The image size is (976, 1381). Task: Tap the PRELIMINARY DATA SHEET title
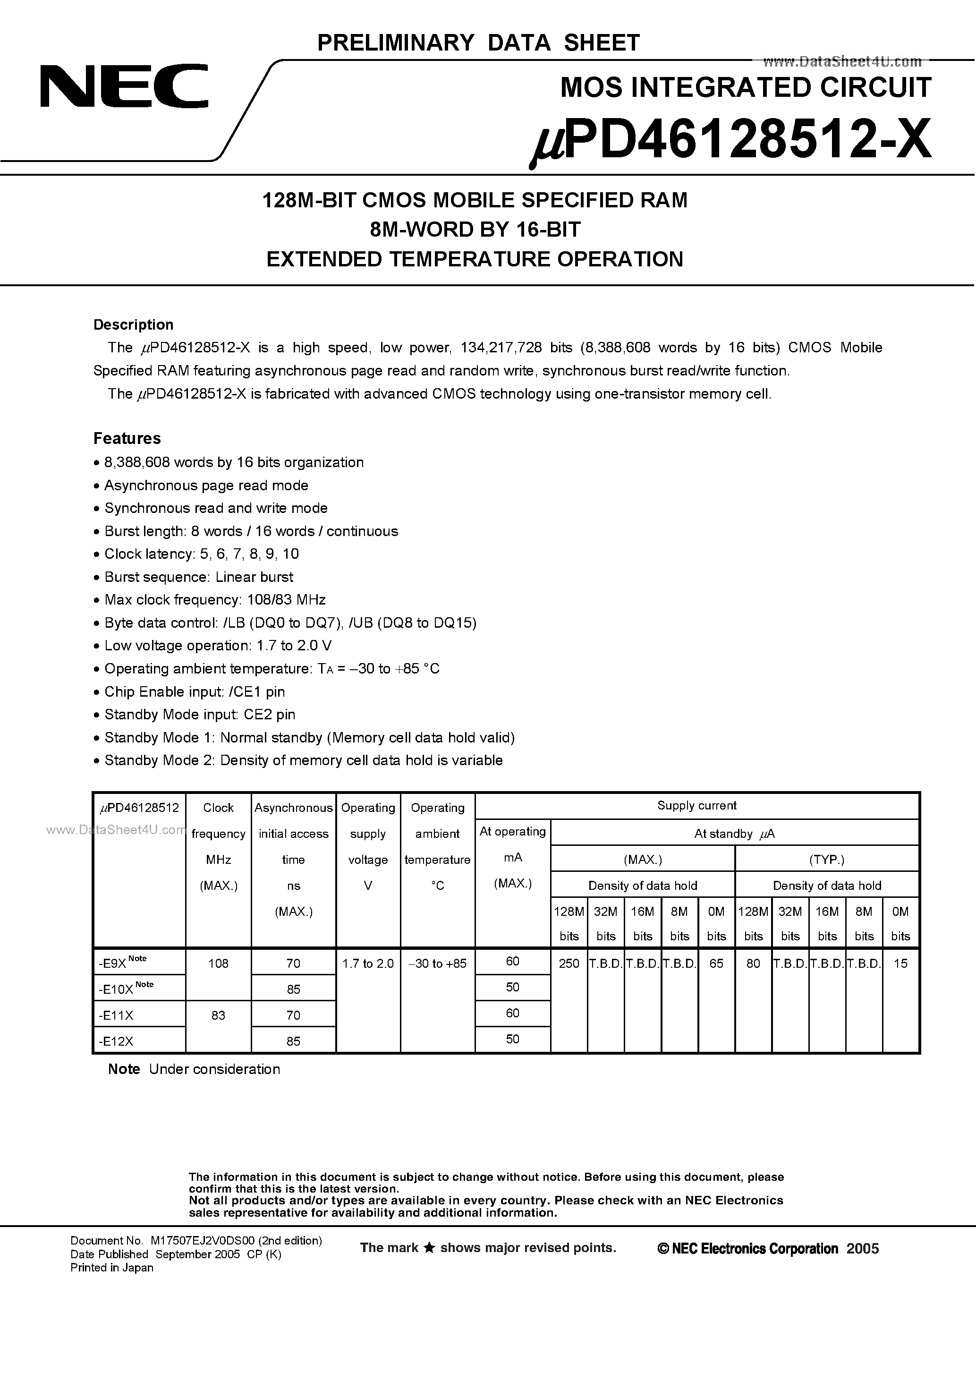pos(478,43)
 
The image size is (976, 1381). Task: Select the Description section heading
pos(134,325)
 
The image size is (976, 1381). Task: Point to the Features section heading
pos(127,438)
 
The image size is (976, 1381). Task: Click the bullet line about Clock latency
pos(202,554)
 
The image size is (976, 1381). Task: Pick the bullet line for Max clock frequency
pos(215,600)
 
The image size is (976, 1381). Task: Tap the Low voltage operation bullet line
pos(218,645)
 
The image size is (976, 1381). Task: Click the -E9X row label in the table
pos(112,963)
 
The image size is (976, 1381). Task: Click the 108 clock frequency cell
pos(218,963)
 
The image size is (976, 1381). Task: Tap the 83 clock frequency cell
pos(218,1015)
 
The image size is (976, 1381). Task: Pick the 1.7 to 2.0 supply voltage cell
pos(368,963)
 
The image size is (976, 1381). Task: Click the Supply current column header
pos(696,805)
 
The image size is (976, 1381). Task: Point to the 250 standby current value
pos(569,963)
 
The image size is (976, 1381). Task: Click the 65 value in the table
pos(716,963)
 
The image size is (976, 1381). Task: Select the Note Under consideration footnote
pos(194,1069)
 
